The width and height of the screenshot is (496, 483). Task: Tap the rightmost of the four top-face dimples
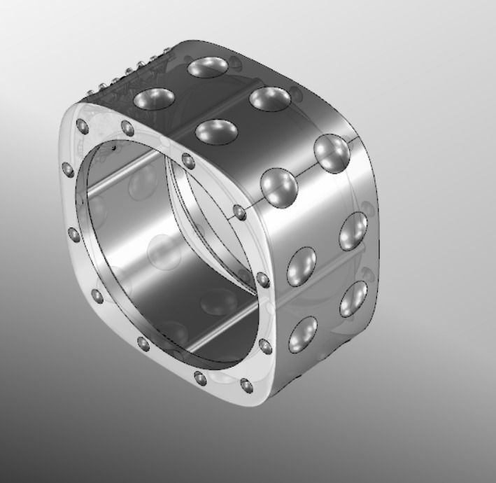(x=270, y=99)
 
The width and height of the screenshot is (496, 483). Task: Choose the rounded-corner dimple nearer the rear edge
(x=332, y=153)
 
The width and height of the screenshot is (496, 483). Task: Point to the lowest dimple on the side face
(x=302, y=335)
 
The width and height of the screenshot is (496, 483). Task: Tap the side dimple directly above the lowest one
(x=302, y=265)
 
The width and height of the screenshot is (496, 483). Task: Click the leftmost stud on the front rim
(x=68, y=169)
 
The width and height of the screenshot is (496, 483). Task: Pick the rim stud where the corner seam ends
(x=240, y=211)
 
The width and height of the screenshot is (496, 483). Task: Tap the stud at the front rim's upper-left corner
(x=82, y=126)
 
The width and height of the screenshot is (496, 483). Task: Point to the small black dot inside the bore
(x=113, y=148)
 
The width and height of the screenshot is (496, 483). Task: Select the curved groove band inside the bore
(x=210, y=224)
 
